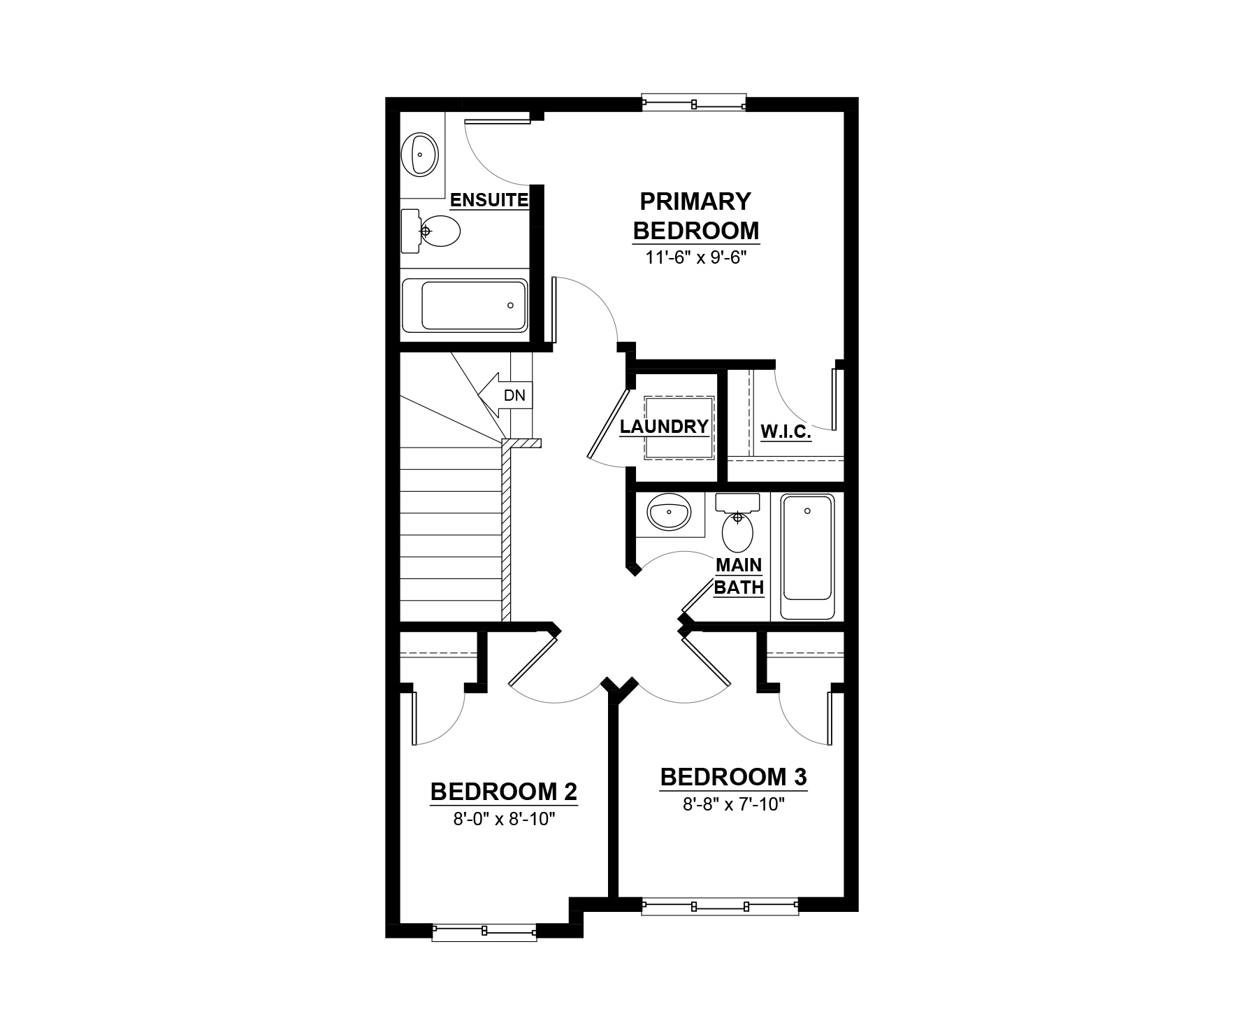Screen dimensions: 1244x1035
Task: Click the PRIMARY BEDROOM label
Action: [x=695, y=215]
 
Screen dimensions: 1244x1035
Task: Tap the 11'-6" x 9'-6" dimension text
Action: [x=695, y=257]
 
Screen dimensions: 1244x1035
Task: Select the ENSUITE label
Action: [x=489, y=200]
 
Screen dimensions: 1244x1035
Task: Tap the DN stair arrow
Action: [x=505, y=395]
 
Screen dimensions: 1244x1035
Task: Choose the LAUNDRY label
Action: [x=665, y=427]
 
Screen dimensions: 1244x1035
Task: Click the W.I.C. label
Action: [x=786, y=432]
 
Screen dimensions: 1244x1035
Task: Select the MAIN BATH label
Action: [x=739, y=576]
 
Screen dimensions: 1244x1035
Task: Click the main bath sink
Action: [x=670, y=512]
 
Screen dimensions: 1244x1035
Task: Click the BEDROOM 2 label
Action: [x=504, y=792]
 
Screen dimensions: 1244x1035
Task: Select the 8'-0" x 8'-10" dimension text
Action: [x=504, y=818]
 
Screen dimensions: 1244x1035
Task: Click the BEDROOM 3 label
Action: [x=734, y=777]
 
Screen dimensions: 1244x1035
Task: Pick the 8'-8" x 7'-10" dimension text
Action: [x=735, y=804]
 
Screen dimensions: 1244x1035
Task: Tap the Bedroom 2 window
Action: [x=484, y=931]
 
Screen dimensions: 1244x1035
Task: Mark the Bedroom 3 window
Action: [x=720, y=906]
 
